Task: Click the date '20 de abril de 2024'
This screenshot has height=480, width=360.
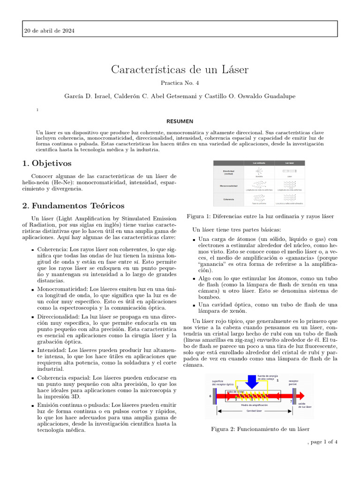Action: (49, 31)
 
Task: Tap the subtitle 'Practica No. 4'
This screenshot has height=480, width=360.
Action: (180, 83)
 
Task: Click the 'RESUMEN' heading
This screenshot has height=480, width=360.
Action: (180, 121)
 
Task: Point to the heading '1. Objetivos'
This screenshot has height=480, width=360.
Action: (47, 163)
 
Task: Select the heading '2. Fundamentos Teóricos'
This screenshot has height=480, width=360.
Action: (73, 206)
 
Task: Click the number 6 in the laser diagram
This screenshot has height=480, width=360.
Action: (210, 396)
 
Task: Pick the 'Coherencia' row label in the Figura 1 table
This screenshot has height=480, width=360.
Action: (228, 199)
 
